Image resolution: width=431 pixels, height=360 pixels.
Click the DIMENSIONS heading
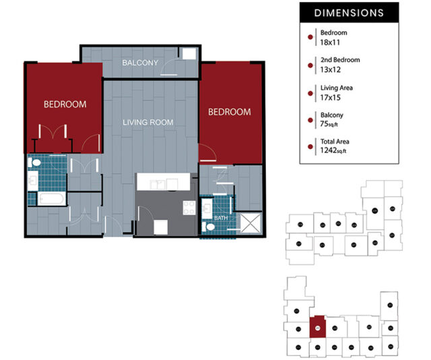[x=349, y=13]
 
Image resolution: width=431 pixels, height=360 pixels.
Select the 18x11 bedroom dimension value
[x=330, y=42]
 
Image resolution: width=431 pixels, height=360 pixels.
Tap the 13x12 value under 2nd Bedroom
[x=330, y=69]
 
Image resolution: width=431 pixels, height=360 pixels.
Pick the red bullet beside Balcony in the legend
[x=310, y=119]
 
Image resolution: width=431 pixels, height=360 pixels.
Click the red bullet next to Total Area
[x=310, y=146]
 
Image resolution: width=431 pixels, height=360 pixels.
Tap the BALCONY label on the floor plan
[x=140, y=63]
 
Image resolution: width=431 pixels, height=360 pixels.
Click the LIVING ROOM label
[x=147, y=123]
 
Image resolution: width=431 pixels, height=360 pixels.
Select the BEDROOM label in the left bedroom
[x=65, y=104]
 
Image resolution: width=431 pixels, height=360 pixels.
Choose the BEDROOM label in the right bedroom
[x=229, y=112]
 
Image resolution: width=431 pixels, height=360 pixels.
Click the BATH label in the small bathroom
[x=220, y=218]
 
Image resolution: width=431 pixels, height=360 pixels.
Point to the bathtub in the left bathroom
[x=51, y=199]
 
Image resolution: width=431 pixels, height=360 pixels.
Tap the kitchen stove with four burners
[x=190, y=208]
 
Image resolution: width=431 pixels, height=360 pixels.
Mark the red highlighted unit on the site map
[x=317, y=328]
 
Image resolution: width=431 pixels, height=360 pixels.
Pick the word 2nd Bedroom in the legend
[x=340, y=60]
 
